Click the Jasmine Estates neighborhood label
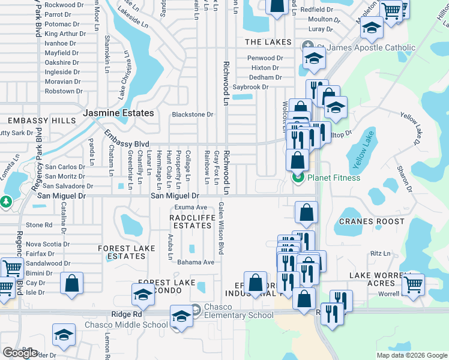pyautogui.click(x=118, y=113)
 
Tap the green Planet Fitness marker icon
pyautogui.click(x=297, y=178)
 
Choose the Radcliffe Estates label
pyautogui.click(x=190, y=221)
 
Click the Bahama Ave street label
pyautogui.click(x=191, y=262)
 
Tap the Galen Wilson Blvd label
pyautogui.click(x=221, y=227)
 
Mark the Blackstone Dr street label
pyautogui.click(x=193, y=114)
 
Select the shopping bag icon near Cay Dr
pyautogui.click(x=71, y=284)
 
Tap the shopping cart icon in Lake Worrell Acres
pyautogui.click(x=414, y=284)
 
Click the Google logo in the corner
pyautogui.click(x=20, y=353)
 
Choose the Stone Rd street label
pyautogui.click(x=39, y=225)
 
